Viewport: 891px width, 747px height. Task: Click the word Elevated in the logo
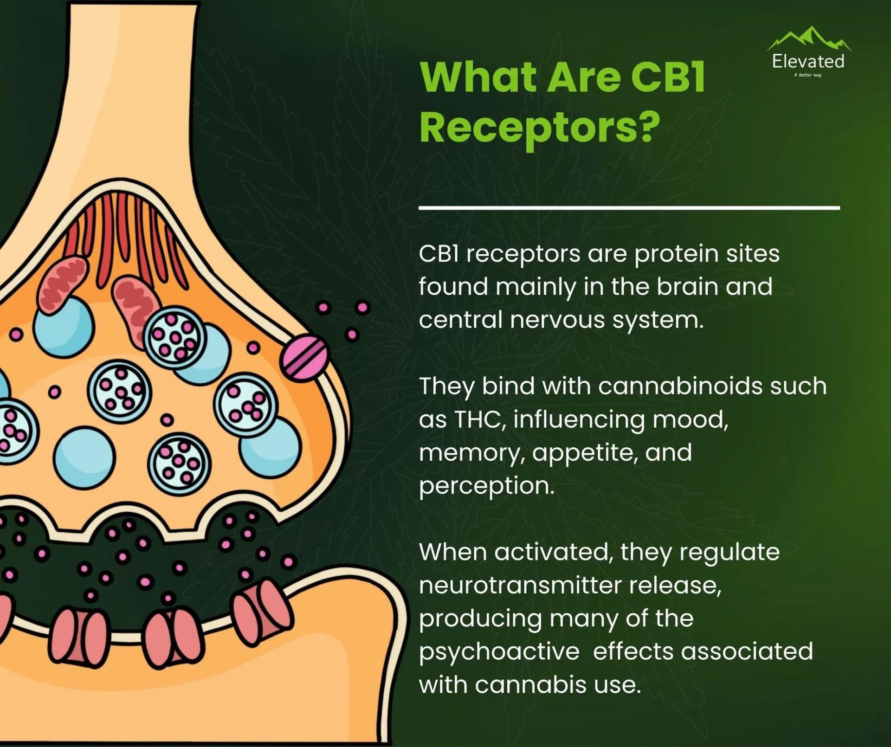808,61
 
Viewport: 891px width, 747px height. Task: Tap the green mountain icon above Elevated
809,39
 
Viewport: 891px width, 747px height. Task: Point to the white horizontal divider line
629,208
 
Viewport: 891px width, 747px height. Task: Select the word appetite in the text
582,453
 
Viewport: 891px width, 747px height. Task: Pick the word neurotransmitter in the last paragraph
520,585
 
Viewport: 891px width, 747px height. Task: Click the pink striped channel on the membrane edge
304,357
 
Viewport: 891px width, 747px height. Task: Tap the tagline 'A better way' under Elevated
808,75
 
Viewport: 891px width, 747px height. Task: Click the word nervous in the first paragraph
557,320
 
